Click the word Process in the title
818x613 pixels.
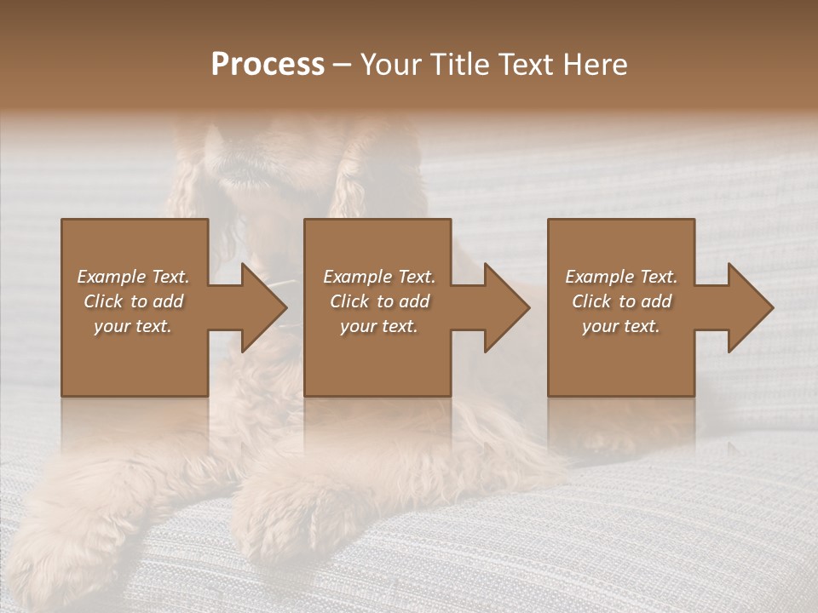pos(268,65)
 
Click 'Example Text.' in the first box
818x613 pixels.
pos(134,277)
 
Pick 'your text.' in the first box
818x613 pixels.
pos(133,326)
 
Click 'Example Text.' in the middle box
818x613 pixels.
pos(379,277)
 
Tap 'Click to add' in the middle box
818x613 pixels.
pos(379,301)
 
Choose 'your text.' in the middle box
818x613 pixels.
pos(378,326)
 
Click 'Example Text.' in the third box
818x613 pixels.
pos(621,277)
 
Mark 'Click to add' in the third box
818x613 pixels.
pos(621,301)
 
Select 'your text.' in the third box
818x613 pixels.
pos(620,326)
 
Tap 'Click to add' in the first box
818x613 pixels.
pos(134,301)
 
